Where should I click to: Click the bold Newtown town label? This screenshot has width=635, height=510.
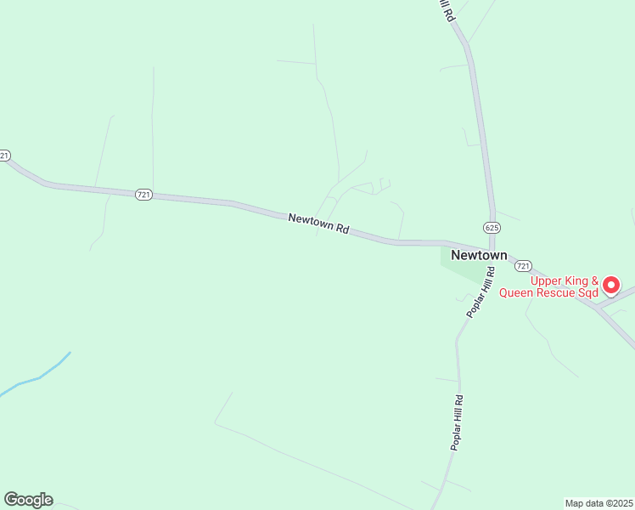pos(479,255)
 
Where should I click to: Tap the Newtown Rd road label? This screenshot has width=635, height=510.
pos(319,224)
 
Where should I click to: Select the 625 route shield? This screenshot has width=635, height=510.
pos(492,227)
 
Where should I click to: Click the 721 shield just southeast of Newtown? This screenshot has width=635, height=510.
pos(524,266)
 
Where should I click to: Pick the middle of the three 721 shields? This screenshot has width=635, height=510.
pos(143,195)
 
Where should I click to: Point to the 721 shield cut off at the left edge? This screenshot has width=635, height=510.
pos(4,156)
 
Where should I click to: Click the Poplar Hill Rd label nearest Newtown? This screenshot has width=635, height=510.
pos(480,292)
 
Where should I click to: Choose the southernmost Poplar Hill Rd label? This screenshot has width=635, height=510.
pos(458,422)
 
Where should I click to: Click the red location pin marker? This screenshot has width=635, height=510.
pos(611,285)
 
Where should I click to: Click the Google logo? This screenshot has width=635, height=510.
pos(28,500)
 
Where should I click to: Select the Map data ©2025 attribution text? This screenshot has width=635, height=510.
pos(598,503)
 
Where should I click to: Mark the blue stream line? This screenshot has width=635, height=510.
pos(38,377)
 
